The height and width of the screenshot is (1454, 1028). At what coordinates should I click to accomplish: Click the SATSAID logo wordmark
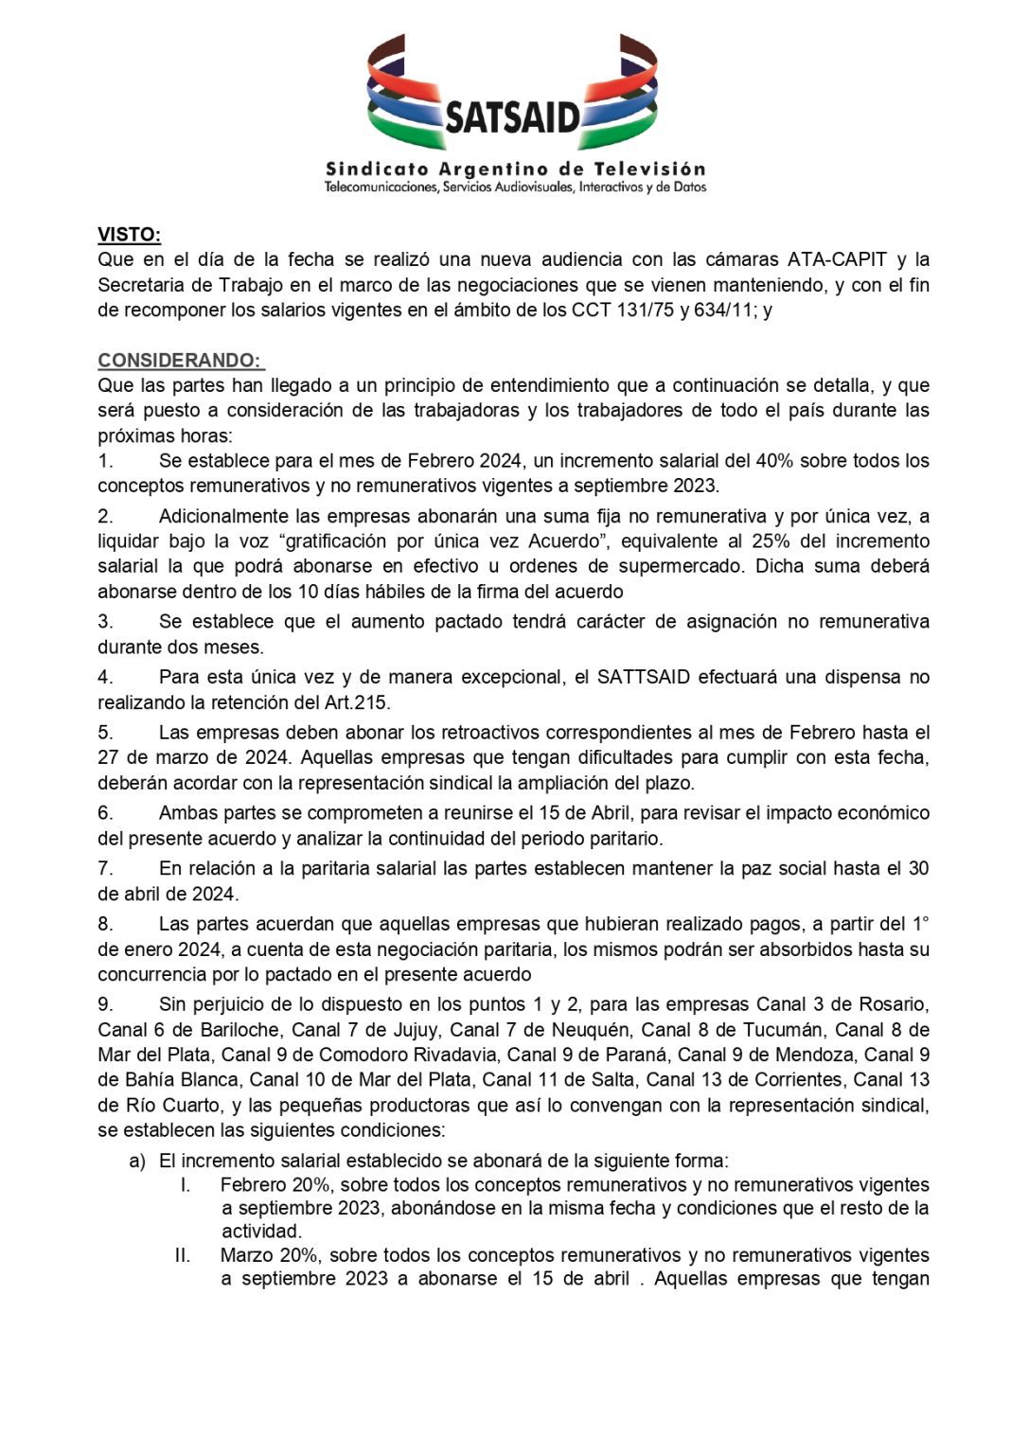click(512, 117)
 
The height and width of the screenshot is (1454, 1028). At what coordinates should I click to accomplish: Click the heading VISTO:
click(129, 235)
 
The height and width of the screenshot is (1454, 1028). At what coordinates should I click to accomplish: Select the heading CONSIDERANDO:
click(180, 361)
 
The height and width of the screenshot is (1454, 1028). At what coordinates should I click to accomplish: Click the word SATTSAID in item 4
click(644, 678)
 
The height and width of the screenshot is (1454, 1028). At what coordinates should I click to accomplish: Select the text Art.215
click(356, 702)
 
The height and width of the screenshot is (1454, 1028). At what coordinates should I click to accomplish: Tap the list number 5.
click(105, 733)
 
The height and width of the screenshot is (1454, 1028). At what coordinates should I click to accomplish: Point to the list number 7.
click(105, 869)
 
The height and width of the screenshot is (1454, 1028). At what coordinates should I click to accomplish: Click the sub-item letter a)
click(137, 1161)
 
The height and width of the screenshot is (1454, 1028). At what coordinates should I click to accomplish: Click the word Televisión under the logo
click(649, 169)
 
